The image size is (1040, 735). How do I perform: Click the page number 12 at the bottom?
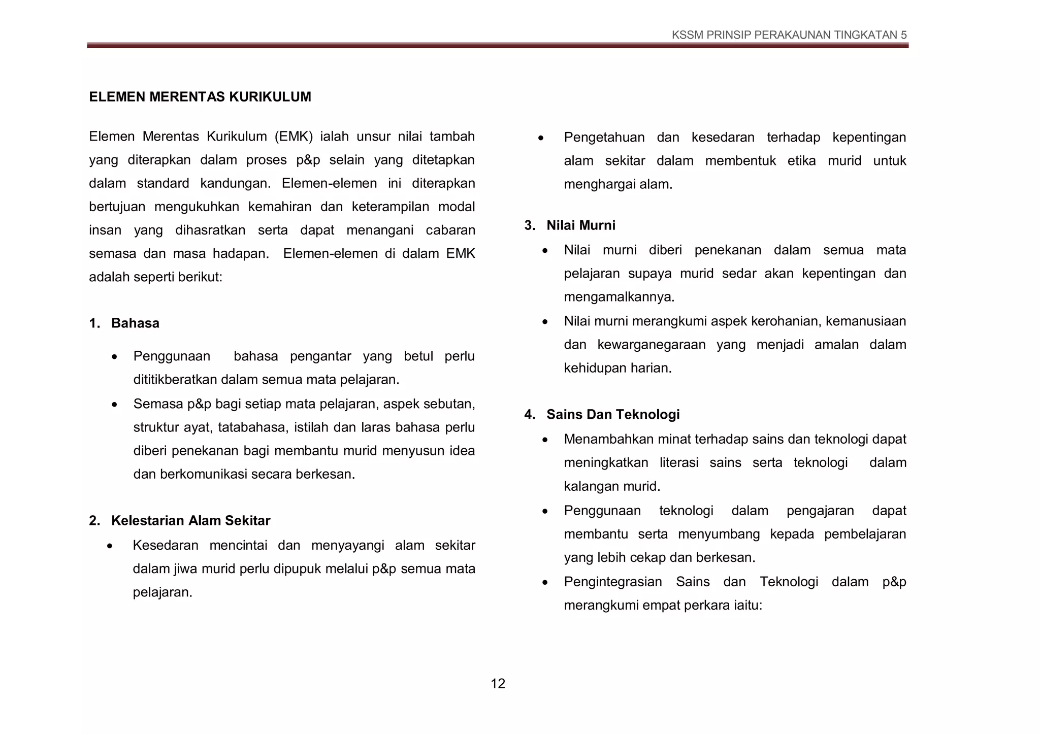[498, 684]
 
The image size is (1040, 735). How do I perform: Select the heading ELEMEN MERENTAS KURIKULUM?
[200, 97]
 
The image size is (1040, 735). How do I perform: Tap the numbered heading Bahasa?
[135, 323]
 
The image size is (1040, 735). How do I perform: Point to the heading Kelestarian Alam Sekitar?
[190, 521]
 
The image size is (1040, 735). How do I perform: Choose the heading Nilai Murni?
[580, 225]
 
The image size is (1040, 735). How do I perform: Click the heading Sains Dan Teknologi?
[612, 415]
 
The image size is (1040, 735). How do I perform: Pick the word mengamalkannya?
[619, 297]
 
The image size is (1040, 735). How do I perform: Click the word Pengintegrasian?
[612, 582]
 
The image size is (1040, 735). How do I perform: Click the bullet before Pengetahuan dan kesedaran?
[541, 138]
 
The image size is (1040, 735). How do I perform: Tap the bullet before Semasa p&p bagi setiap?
[115, 405]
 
